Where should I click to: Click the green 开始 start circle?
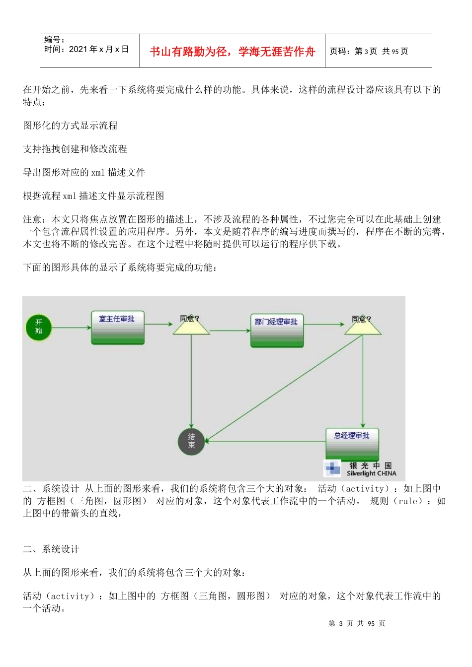39,327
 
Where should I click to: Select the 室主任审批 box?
118,327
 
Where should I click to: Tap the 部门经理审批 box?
277,330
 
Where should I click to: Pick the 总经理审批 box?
352,444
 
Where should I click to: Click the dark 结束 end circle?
191,441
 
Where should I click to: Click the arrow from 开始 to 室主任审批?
72,328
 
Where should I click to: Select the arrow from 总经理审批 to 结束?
265,441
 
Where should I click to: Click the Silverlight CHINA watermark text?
372,473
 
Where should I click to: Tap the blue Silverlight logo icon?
332,468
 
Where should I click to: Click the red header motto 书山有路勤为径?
233,52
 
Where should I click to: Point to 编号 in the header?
54,40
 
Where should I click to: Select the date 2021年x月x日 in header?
99,49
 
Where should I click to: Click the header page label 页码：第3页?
354,51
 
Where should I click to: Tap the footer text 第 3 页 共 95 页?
357,623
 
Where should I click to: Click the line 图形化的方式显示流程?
71,126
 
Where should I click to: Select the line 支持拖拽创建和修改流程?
75,149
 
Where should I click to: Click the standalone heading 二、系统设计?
51,549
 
